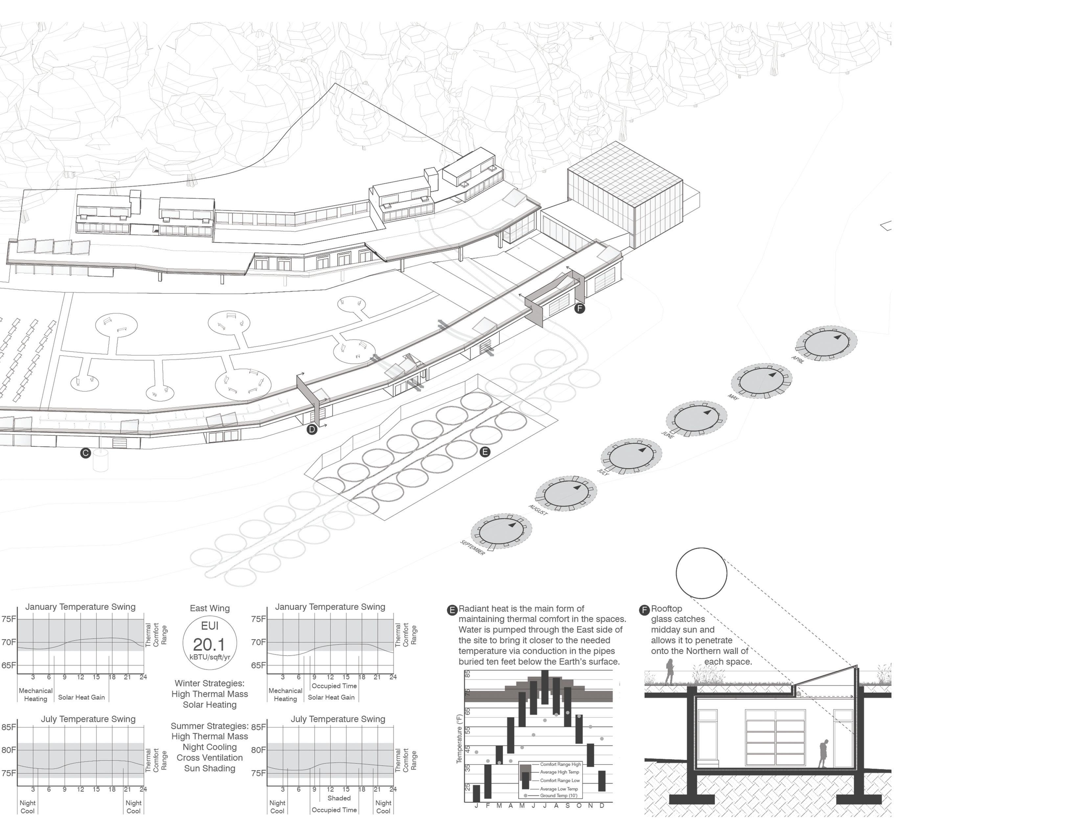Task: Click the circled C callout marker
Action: click(x=85, y=453)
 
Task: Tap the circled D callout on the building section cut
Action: click(x=312, y=429)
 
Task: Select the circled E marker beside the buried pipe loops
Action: click(x=485, y=452)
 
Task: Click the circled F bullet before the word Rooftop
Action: click(x=644, y=610)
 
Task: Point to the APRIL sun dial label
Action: click(x=797, y=360)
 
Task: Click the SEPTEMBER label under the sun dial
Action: click(x=473, y=547)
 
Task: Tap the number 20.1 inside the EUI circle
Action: click(x=209, y=644)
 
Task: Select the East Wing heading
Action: click(x=209, y=608)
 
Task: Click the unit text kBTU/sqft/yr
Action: click(x=209, y=657)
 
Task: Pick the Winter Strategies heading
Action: click(x=209, y=683)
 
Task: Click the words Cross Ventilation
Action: click(x=209, y=757)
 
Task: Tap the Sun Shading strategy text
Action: click(x=209, y=768)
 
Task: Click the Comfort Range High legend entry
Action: click(x=560, y=764)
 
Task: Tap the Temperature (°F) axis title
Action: click(x=459, y=738)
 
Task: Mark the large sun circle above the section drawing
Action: click(x=701, y=573)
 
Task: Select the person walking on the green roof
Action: click(x=669, y=671)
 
